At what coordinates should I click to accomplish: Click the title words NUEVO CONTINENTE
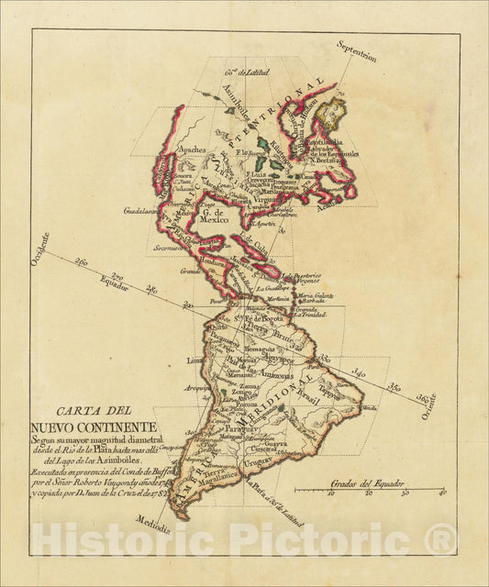pos(94,427)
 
